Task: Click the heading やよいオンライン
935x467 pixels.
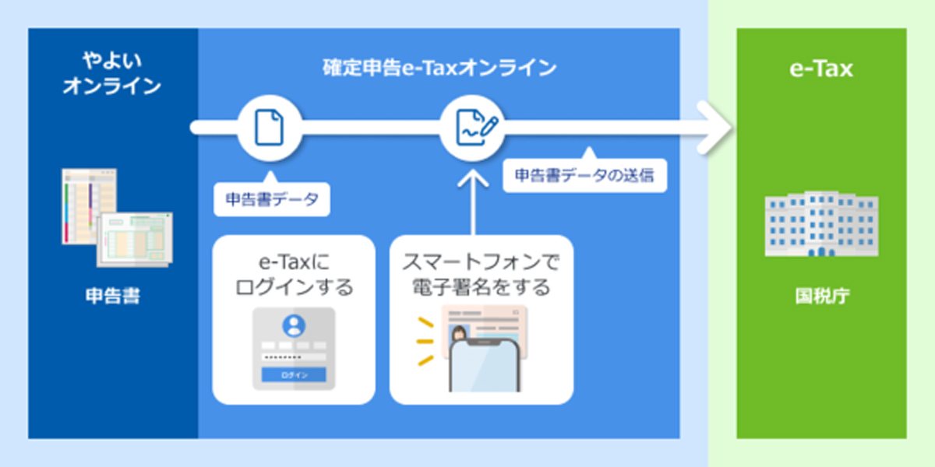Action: click(x=112, y=73)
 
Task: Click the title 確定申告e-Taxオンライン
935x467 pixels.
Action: click(x=439, y=68)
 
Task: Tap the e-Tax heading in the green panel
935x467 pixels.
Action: click(x=821, y=68)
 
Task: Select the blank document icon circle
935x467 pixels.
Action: click(x=270, y=128)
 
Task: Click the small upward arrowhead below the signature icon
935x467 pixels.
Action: click(x=473, y=178)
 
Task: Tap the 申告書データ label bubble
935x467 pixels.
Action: click(x=272, y=199)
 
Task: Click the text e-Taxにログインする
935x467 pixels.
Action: click(x=295, y=274)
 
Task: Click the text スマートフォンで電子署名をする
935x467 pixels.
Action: click(x=481, y=274)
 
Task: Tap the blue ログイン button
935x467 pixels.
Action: click(x=294, y=375)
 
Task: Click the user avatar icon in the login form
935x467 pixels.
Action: click(x=294, y=325)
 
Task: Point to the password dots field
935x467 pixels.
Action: click(x=294, y=357)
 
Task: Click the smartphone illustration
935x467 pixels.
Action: click(x=485, y=366)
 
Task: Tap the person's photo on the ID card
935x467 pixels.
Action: click(x=458, y=335)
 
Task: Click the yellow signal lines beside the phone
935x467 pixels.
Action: click(x=425, y=342)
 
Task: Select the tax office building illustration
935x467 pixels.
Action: click(x=821, y=224)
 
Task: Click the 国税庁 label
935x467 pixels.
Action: click(x=822, y=296)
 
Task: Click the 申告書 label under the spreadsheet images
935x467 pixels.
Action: click(x=113, y=296)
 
